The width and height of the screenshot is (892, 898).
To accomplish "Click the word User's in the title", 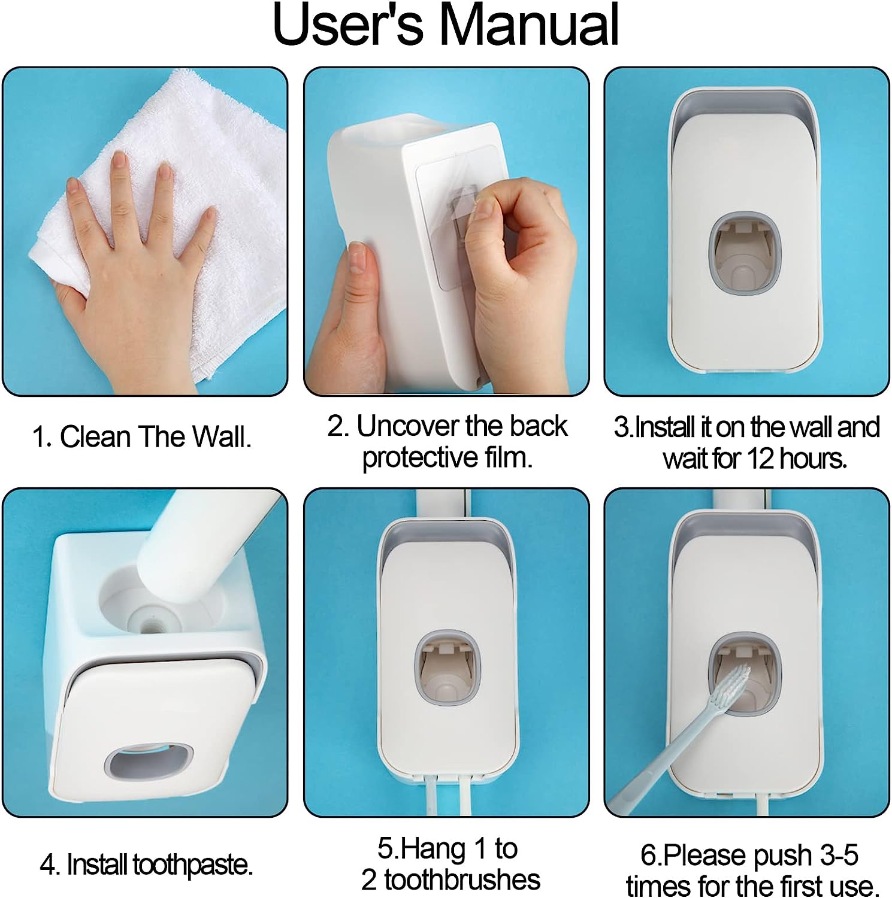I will pos(347,25).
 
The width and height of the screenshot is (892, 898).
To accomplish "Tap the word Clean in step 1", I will pos(95,437).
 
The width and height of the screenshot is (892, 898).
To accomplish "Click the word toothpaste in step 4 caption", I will pos(192,865).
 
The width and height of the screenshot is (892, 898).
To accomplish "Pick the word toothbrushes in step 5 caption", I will pos(462,880).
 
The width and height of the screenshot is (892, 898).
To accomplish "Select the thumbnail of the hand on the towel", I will pos(145,231).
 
